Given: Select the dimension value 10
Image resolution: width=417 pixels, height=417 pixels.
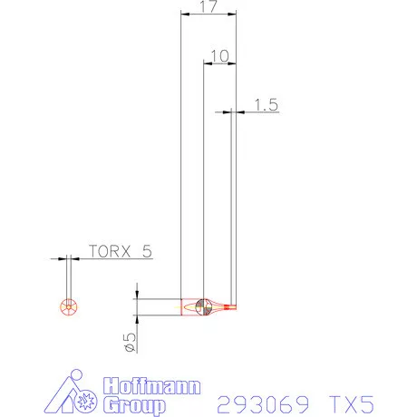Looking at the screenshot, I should (x=218, y=55).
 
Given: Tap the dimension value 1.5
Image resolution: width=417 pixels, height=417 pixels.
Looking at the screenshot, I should (x=265, y=104).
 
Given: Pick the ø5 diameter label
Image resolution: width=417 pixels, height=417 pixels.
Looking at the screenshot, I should (x=131, y=341).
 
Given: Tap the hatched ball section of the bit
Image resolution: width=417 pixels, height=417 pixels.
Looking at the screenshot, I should (x=204, y=307).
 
